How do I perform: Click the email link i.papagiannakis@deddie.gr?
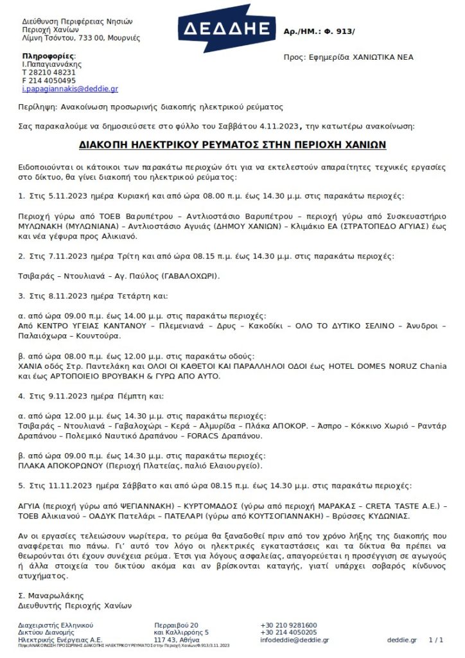70,89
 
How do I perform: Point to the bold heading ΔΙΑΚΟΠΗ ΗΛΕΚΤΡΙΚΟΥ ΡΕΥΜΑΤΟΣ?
232,145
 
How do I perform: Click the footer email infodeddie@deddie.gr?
295,640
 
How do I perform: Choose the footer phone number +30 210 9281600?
288,625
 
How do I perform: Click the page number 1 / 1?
435,640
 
